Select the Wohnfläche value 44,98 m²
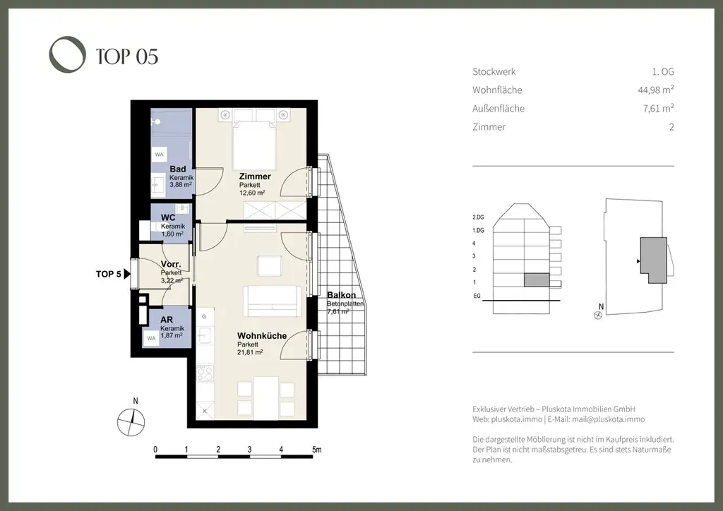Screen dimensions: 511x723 pyautogui.click(x=655, y=90)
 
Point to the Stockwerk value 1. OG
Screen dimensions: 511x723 pyautogui.click(x=663, y=71)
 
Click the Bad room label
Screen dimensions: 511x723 pyautogui.click(x=177, y=169)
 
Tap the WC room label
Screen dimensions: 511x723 pyautogui.click(x=168, y=217)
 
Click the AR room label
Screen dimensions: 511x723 pyautogui.click(x=167, y=319)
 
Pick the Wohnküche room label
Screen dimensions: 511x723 pyautogui.click(x=262, y=336)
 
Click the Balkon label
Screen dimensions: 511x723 pyautogui.click(x=341, y=295)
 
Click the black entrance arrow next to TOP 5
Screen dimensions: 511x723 pyautogui.click(x=128, y=275)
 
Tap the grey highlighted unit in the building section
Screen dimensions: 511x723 pyautogui.click(x=535, y=280)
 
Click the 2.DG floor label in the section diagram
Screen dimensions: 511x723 pyautogui.click(x=479, y=217)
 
